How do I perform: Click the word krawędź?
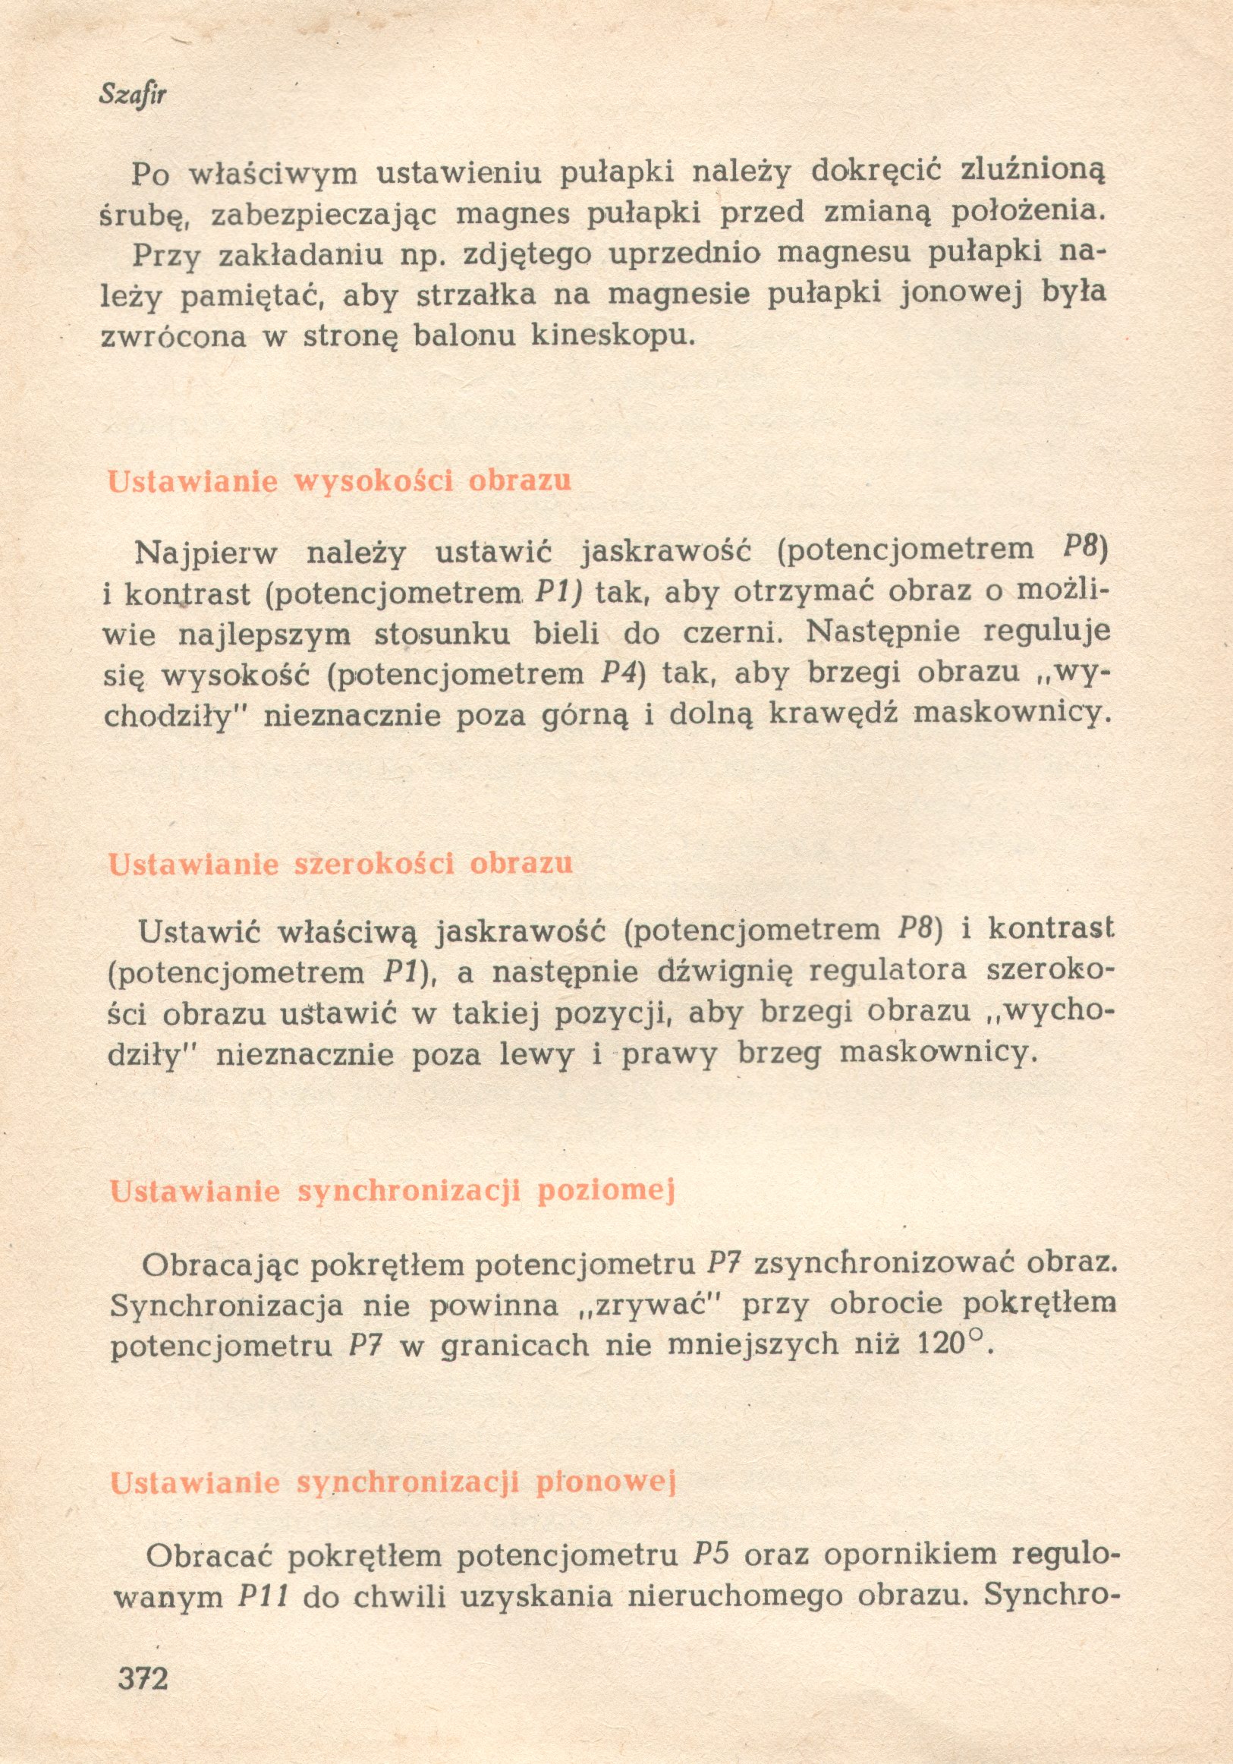pos(835,716)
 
